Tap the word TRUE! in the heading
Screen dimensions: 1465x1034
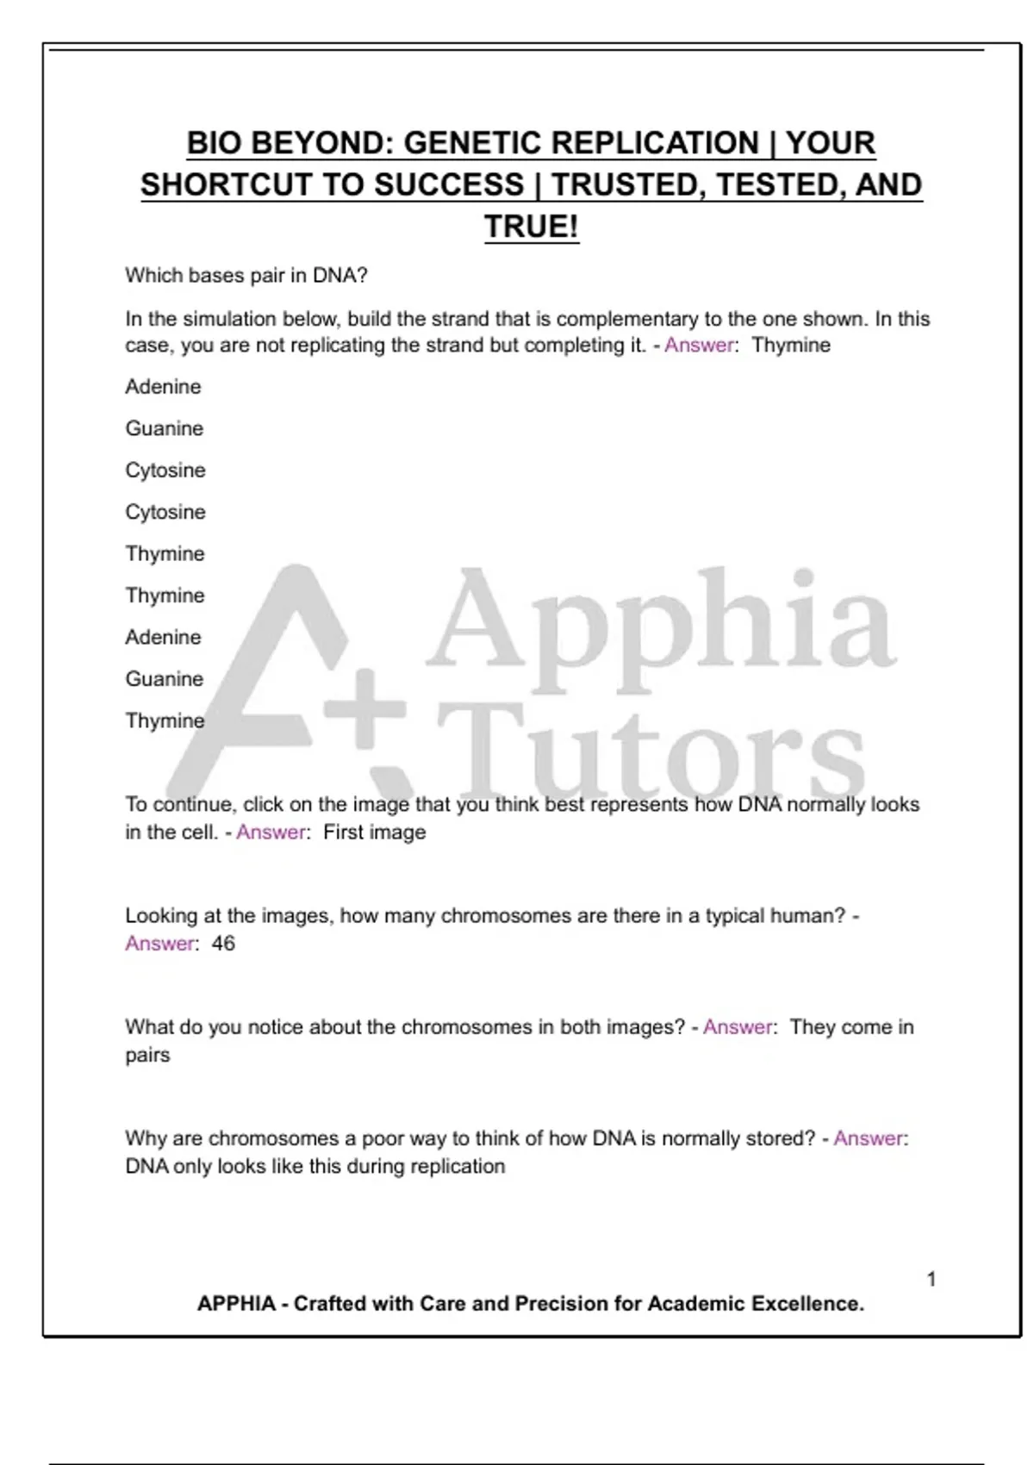click(x=531, y=228)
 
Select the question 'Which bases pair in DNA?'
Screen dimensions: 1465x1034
click(x=246, y=276)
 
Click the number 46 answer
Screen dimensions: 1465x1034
click(x=223, y=944)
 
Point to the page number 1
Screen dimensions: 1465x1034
click(x=931, y=1279)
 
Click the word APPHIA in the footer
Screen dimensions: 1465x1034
click(x=236, y=1304)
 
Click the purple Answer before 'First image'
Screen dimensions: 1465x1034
click(x=271, y=832)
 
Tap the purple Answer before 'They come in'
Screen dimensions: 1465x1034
click(x=738, y=1027)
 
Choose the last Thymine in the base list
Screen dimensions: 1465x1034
click(x=165, y=720)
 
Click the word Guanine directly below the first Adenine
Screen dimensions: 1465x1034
click(x=165, y=428)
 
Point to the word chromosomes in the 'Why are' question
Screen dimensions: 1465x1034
click(x=277, y=1138)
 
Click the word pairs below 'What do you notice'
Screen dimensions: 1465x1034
click(x=147, y=1056)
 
